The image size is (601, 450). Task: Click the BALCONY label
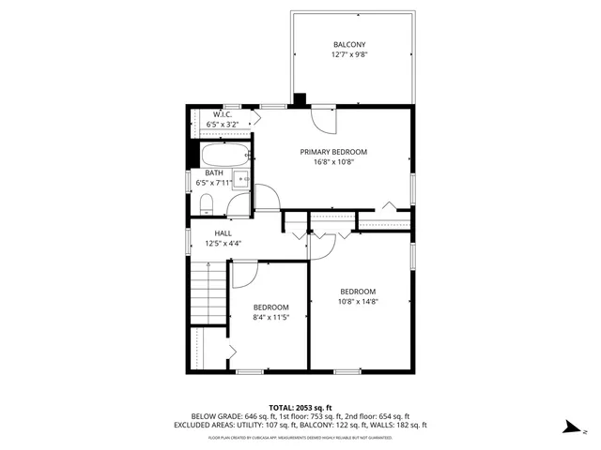click(x=349, y=45)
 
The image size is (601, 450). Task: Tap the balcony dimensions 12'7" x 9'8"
click(x=349, y=55)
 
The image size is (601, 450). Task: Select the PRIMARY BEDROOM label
click(x=333, y=152)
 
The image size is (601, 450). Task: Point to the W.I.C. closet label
click(x=222, y=114)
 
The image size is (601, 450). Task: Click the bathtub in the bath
click(x=226, y=155)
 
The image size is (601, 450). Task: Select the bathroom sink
click(x=241, y=179)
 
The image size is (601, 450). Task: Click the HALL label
click(x=223, y=233)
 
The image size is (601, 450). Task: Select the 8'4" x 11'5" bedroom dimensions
click(x=270, y=318)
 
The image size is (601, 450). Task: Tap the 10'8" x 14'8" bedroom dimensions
click(x=358, y=301)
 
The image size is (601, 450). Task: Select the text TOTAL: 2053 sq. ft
click(x=300, y=407)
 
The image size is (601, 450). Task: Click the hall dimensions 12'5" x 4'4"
click(x=223, y=244)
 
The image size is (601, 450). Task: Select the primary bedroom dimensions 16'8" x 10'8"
click(x=333, y=161)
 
